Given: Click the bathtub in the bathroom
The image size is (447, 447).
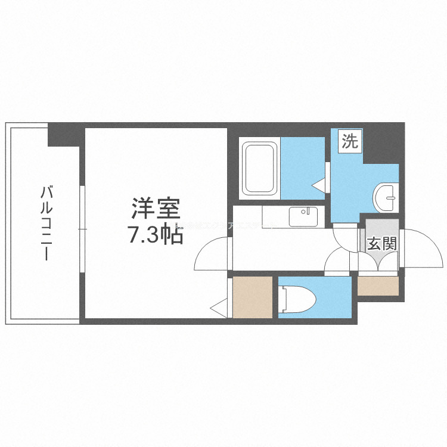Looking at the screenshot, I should (260, 168).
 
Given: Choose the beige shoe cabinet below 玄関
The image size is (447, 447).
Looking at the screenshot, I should (377, 287).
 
